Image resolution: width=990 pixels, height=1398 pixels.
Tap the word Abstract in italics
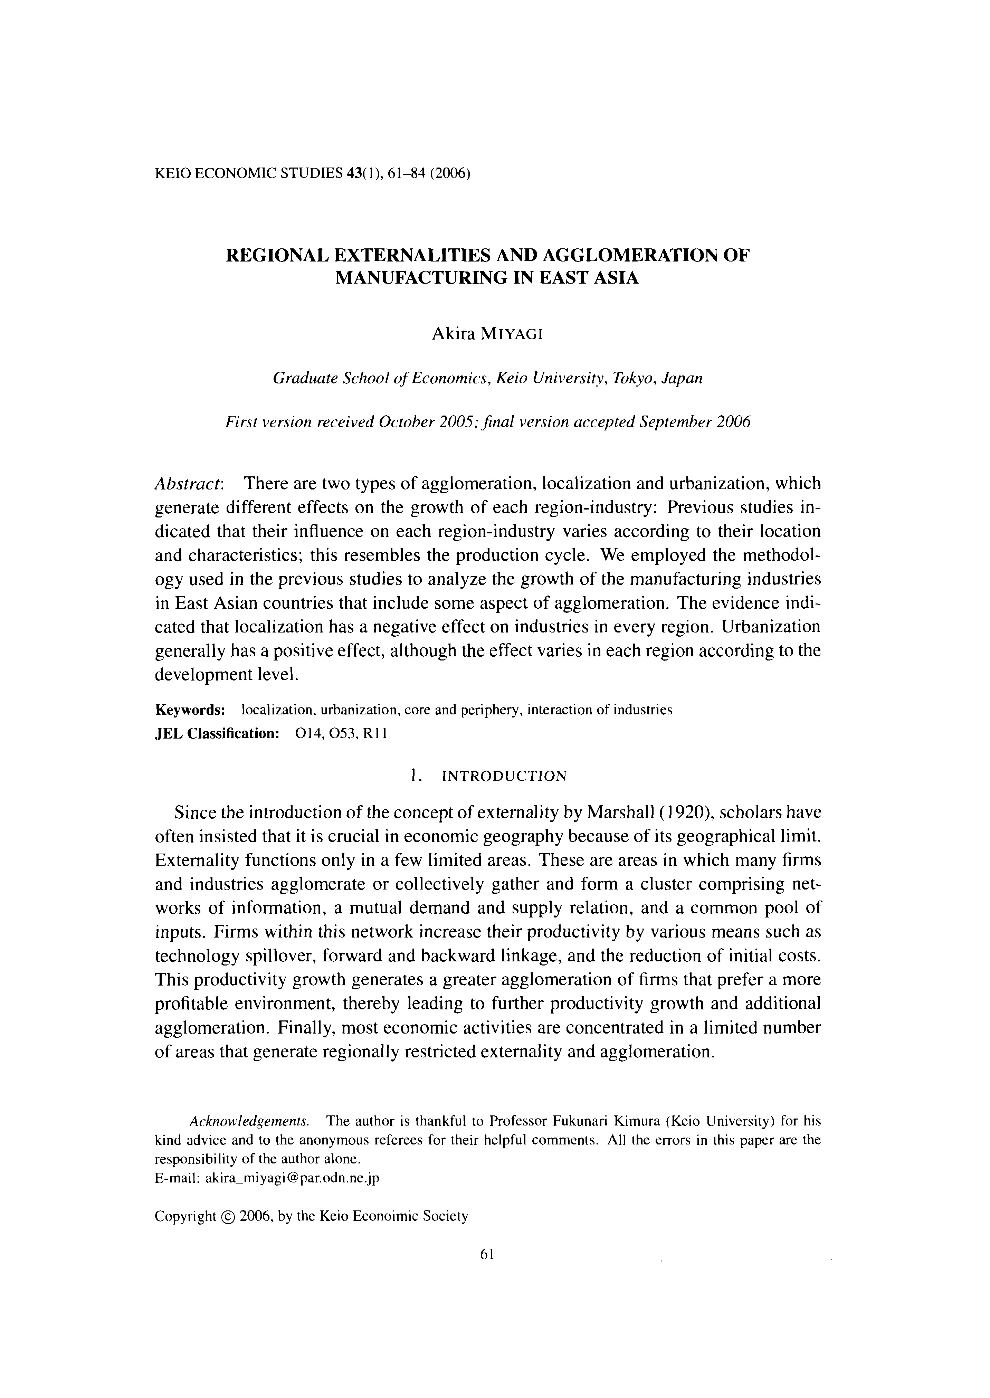pos(189,484)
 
